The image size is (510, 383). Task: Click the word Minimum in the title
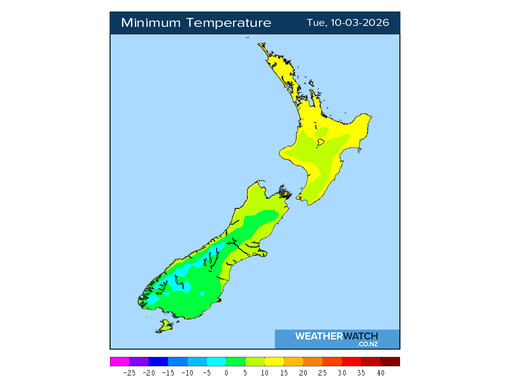(151, 23)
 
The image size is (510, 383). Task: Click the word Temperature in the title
(230, 23)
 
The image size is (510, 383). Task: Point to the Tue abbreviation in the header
(315, 23)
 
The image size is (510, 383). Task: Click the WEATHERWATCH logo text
(337, 336)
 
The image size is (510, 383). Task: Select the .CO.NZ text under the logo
(367, 344)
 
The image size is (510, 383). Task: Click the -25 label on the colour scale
(129, 373)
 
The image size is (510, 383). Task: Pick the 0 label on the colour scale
(226, 373)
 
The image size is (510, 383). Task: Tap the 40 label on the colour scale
(381, 373)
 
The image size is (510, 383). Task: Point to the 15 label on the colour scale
(284, 373)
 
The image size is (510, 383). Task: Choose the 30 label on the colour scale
(342, 373)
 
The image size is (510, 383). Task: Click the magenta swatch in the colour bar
(120, 362)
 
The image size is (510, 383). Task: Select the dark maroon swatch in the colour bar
(390, 362)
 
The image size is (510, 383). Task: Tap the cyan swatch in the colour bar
(216, 362)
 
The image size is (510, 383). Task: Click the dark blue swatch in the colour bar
(158, 362)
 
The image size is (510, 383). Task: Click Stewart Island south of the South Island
(165, 327)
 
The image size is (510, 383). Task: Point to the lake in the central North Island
(320, 142)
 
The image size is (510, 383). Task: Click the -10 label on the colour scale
(187, 373)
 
